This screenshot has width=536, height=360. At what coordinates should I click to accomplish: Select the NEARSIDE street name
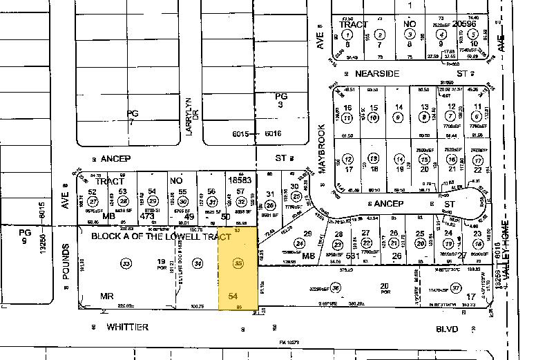click(379, 73)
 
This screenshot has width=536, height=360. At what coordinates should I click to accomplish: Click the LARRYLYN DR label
click(191, 115)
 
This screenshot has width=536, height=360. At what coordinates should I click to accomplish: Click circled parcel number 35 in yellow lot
click(239, 263)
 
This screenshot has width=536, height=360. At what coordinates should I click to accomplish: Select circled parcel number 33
click(125, 263)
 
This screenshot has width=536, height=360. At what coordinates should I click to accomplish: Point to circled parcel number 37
click(455, 287)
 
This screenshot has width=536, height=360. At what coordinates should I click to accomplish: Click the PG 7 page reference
click(133, 117)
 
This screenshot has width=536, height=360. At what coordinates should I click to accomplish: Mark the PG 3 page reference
click(280, 100)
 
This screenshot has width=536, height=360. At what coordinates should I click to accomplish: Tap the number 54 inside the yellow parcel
click(233, 295)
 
